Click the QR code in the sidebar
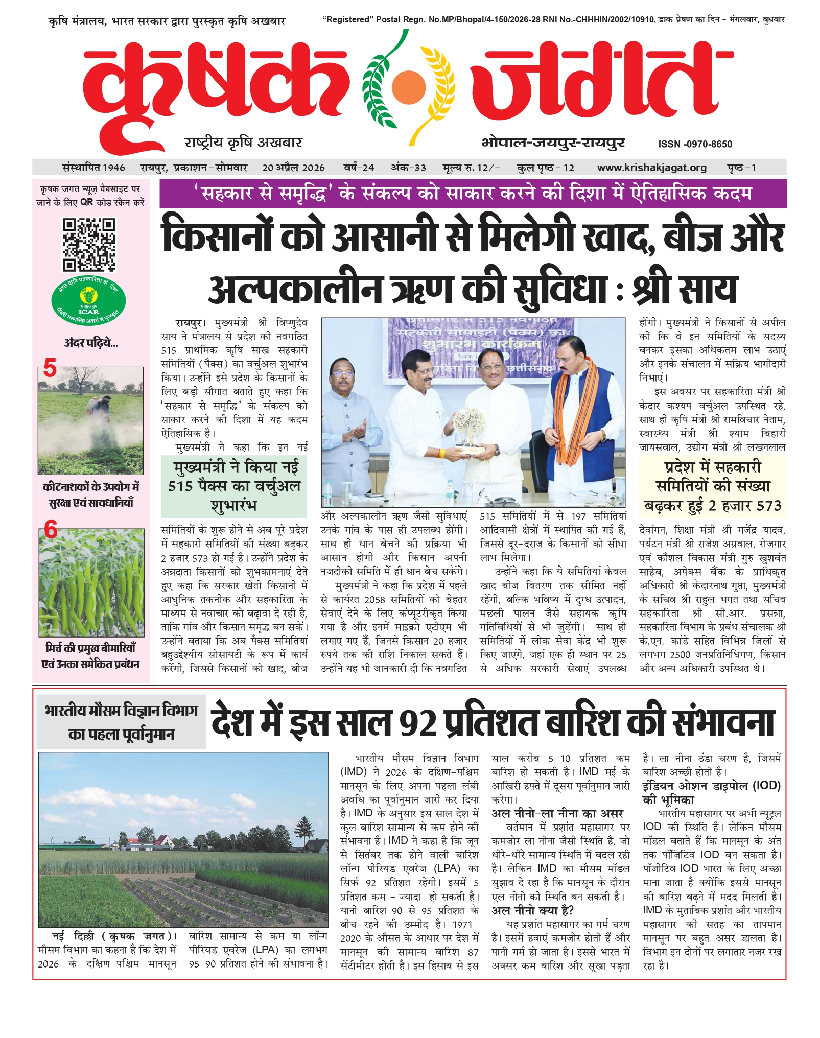pos(89,245)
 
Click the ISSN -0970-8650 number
pos(695,144)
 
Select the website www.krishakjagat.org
pos(651,168)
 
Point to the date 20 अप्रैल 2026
pos(293,168)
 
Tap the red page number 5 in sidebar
pos(50,368)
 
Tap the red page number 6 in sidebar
pos(51,530)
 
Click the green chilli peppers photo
pos(91,582)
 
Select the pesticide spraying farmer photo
pos(90,421)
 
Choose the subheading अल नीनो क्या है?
pos(532,910)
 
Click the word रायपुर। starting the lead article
pos(190,323)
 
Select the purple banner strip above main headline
pos(473,194)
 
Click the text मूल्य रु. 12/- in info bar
pos(471,168)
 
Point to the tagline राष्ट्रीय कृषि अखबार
pos(243,143)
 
